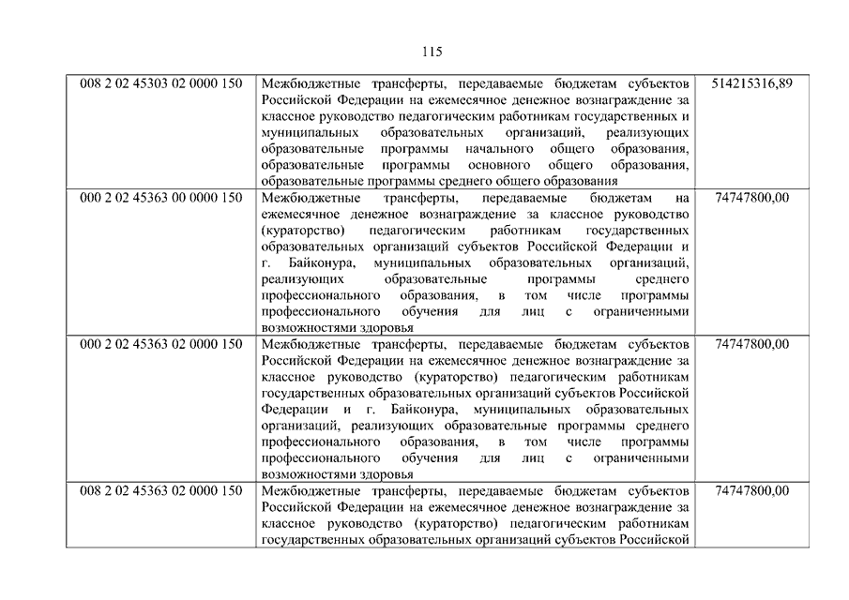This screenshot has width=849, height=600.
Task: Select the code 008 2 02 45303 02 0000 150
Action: (161, 83)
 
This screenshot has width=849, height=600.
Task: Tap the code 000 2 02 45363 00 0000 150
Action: (161, 198)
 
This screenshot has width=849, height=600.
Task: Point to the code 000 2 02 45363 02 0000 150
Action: (161, 344)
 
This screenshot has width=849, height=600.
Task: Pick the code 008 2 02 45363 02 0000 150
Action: (161, 490)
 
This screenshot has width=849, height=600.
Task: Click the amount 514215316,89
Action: (751, 83)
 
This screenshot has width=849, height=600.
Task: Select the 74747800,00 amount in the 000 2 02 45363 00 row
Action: (751, 198)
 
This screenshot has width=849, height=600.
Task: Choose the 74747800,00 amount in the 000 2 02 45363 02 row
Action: (751, 344)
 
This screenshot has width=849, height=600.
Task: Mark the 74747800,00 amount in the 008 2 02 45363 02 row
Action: (751, 490)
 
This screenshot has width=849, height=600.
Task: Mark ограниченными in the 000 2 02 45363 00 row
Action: (642, 312)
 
